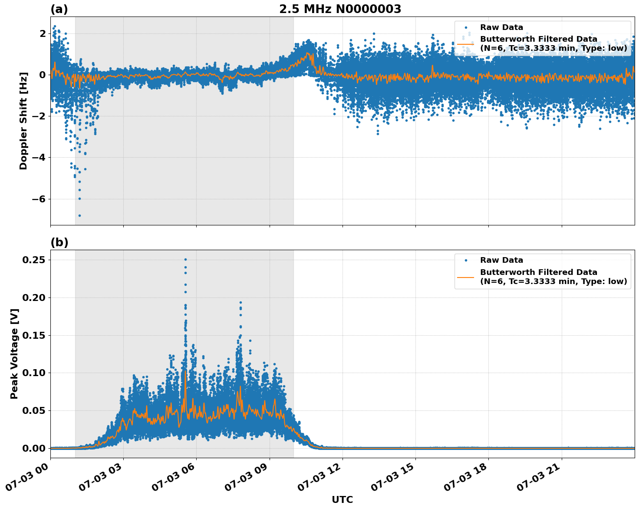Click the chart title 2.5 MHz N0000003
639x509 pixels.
click(x=340, y=9)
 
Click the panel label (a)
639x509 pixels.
click(x=59, y=9)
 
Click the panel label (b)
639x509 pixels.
click(x=59, y=242)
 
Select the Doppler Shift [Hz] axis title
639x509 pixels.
click(x=23, y=121)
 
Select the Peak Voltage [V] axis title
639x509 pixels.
click(x=14, y=354)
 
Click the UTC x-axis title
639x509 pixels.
click(x=342, y=499)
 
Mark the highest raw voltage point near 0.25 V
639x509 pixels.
click(x=185, y=259)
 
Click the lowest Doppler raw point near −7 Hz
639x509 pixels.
click(x=79, y=215)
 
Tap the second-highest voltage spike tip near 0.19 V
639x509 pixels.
click(x=240, y=302)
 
